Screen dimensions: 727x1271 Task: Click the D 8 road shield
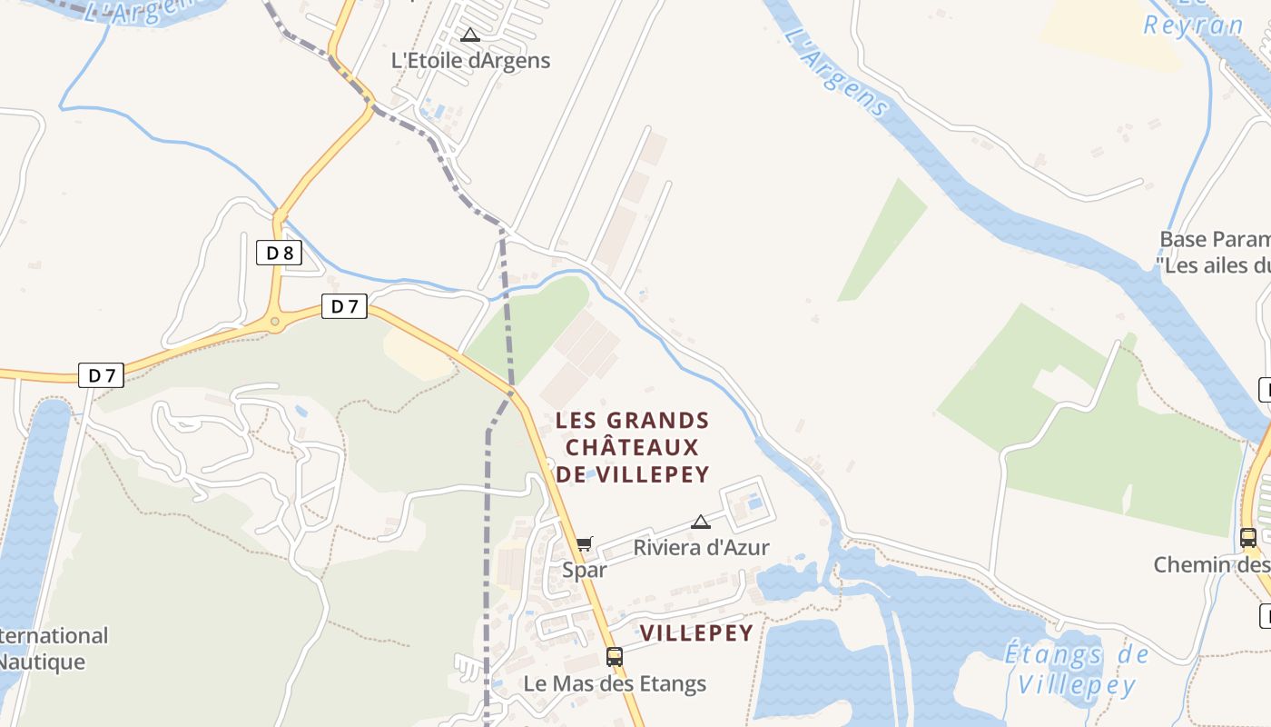(280, 253)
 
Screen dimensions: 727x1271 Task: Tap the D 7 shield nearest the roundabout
(344, 307)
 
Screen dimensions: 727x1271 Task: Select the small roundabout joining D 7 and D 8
(274, 322)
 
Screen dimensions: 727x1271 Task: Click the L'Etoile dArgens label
(470, 61)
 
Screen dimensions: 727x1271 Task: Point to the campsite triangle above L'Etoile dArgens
(469, 35)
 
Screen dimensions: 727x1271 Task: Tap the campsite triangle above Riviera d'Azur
(700, 522)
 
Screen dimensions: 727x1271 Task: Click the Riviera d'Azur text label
(701, 547)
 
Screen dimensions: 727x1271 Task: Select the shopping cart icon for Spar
(584, 543)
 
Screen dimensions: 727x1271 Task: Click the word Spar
(584, 570)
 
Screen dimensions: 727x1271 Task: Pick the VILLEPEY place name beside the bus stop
(696, 633)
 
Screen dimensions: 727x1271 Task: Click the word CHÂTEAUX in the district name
(632, 447)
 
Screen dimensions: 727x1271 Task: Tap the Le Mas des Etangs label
(615, 683)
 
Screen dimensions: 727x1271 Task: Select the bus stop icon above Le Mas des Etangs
(615, 656)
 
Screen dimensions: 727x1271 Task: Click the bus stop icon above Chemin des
(1248, 537)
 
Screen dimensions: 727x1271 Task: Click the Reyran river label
(1193, 25)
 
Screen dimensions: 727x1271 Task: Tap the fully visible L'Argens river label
(835, 73)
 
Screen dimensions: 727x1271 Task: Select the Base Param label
(1215, 239)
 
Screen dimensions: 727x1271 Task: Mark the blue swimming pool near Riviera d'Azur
(754, 502)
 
